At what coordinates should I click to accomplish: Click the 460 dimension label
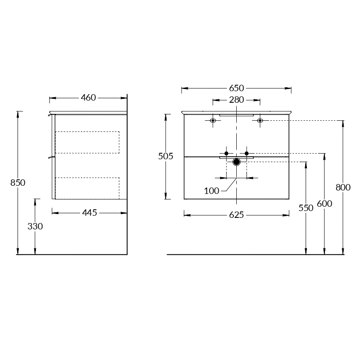pos(88,98)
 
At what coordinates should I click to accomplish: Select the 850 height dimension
pos(18,183)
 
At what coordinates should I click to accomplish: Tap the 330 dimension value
pos(35,226)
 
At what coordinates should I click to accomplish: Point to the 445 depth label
pos(89,213)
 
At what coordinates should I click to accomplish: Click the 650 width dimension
pos(236,88)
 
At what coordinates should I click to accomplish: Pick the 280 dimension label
pos(236,100)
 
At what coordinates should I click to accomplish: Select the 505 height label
pos(166,156)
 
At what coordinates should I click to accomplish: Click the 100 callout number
pos(211,191)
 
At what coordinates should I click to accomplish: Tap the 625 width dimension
pos(236,215)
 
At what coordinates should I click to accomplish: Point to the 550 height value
pos(306,208)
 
